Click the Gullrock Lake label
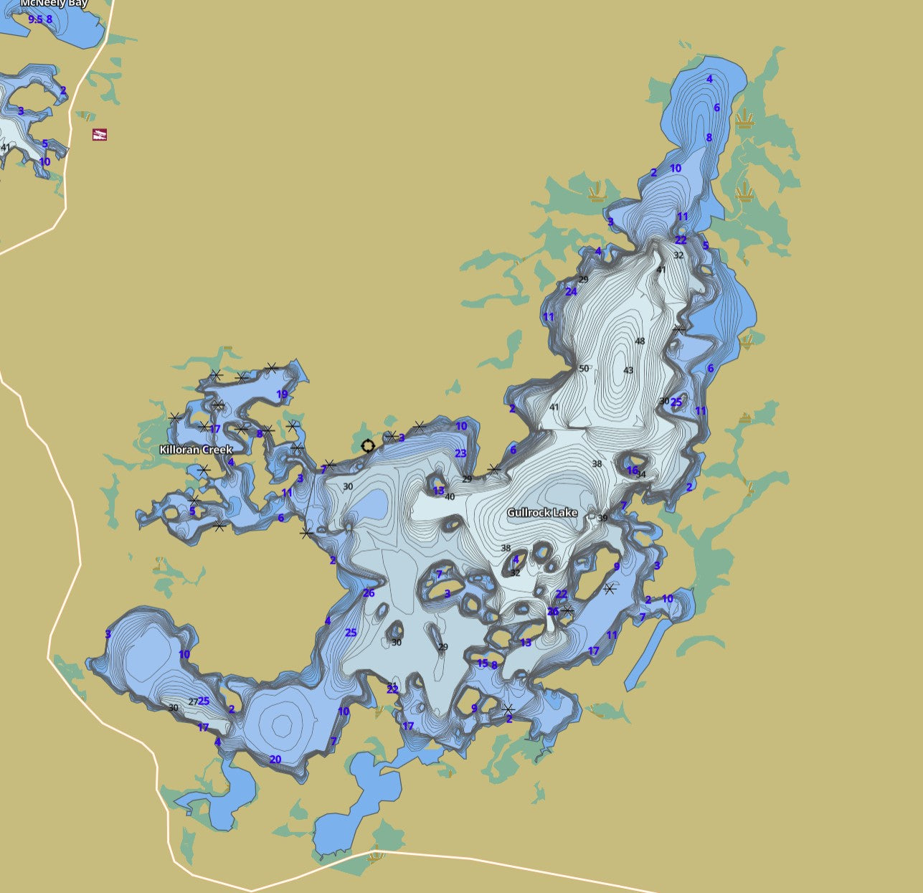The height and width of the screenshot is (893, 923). [x=541, y=513]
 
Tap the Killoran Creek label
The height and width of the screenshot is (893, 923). [x=196, y=450]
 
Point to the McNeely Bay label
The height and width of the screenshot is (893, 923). [x=54, y=4]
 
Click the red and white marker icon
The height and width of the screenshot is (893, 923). [x=100, y=134]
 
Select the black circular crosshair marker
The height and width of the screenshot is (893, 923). [x=368, y=446]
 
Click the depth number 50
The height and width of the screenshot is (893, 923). [x=584, y=369]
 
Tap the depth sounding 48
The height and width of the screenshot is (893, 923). [x=640, y=341]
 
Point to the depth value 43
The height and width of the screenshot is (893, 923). [x=628, y=371]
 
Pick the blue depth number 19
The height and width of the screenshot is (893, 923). [x=282, y=394]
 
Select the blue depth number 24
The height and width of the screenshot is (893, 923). [x=571, y=292]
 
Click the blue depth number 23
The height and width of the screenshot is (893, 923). [x=460, y=453]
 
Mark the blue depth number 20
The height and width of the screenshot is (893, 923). [x=275, y=760]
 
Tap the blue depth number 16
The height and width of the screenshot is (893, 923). [x=632, y=471]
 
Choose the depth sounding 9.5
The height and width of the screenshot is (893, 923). [x=35, y=19]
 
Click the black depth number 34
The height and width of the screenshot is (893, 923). [x=641, y=475]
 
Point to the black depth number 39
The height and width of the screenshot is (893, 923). [x=602, y=518]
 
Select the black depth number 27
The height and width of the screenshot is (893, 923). [x=192, y=701]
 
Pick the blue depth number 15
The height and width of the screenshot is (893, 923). [x=482, y=663]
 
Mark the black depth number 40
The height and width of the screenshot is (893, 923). [x=450, y=497]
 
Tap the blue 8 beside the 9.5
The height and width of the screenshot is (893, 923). [x=49, y=19]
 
